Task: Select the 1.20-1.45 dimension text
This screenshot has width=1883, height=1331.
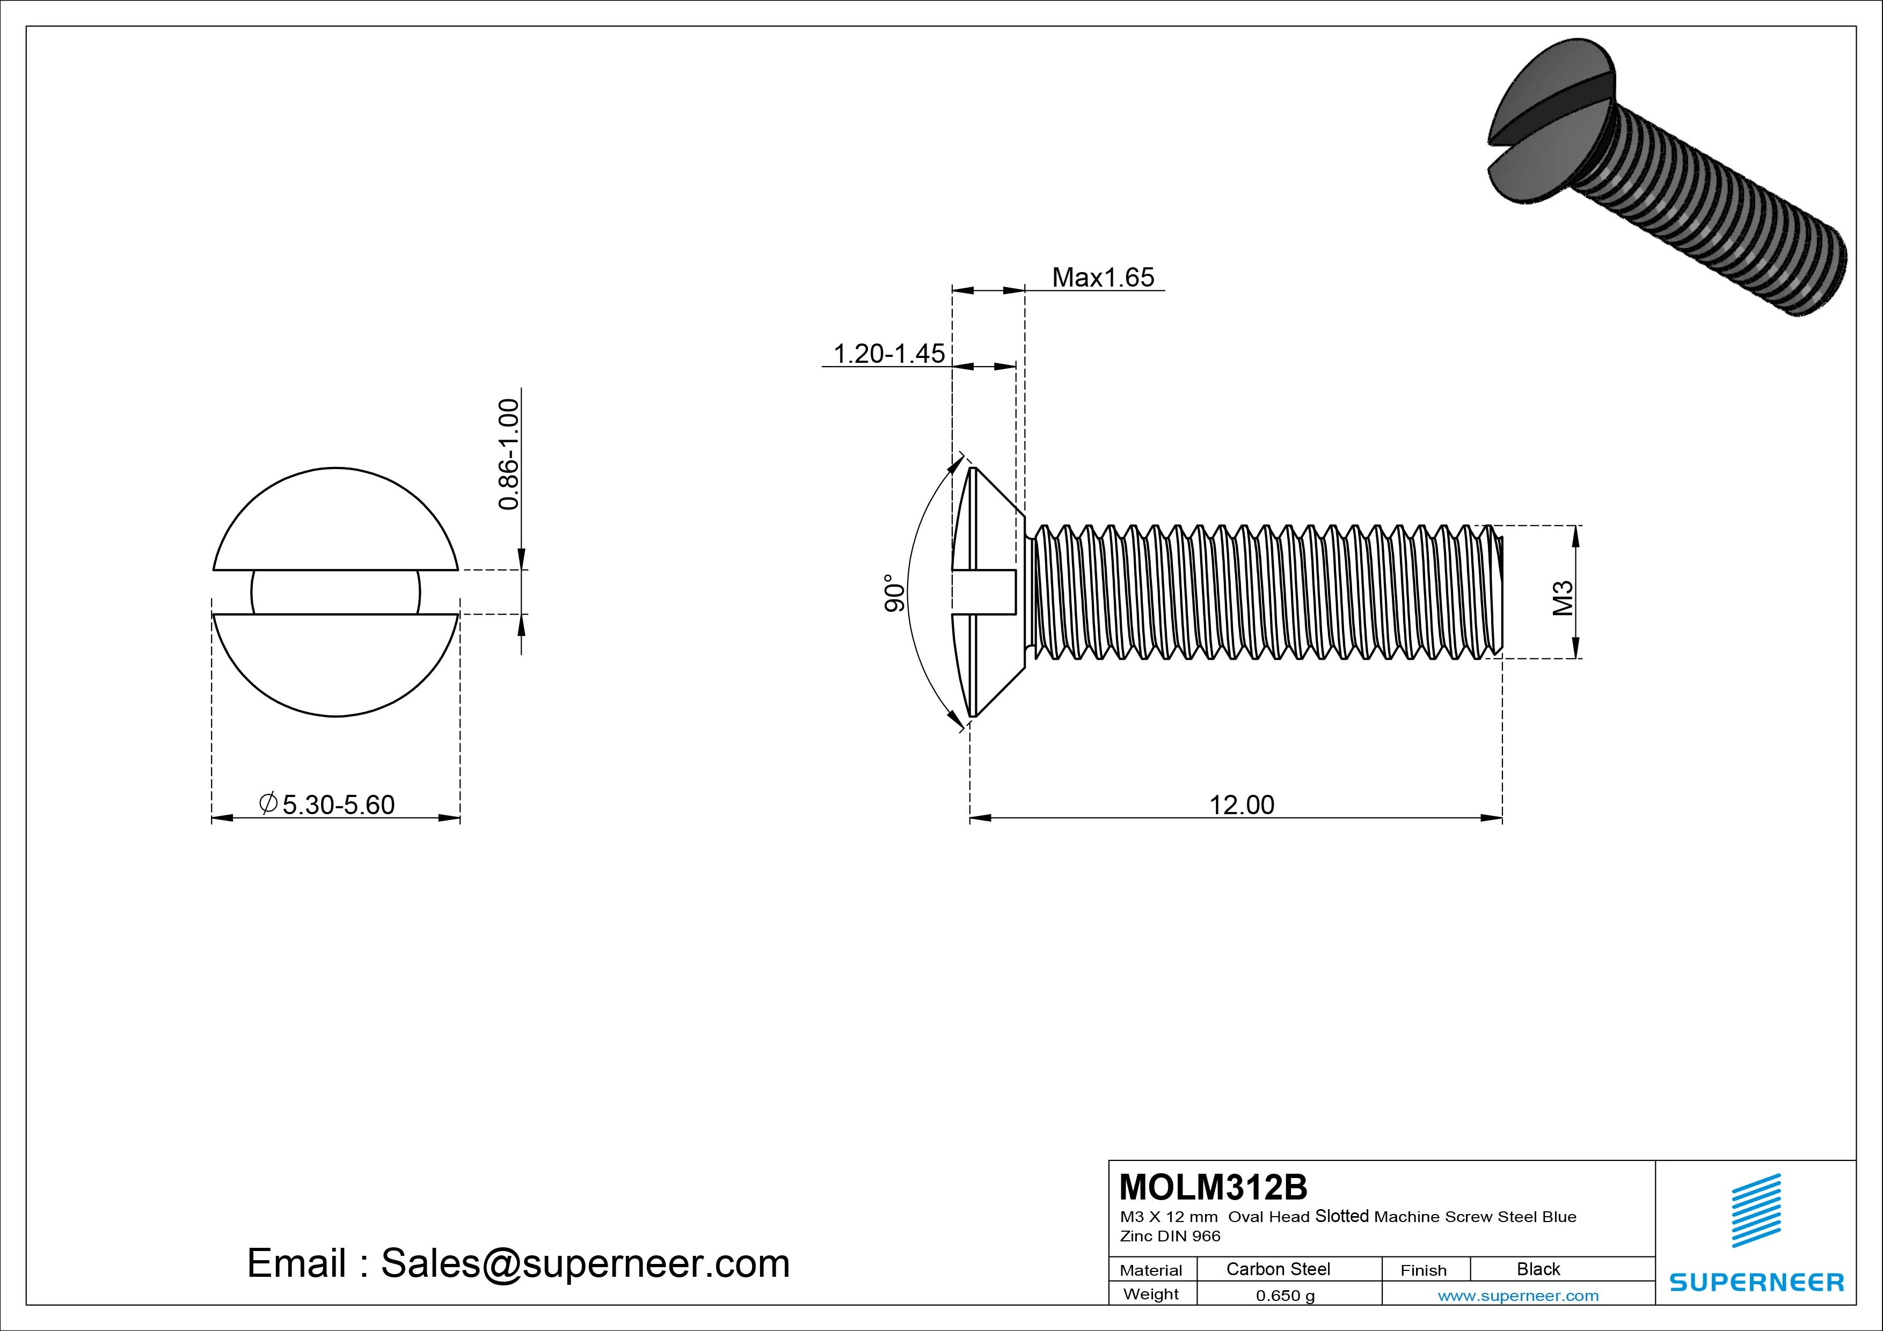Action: (x=889, y=354)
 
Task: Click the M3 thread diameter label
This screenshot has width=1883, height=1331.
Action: (x=1563, y=598)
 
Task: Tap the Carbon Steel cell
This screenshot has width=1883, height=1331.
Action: (x=1278, y=1269)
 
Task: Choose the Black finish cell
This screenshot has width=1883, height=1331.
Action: (x=1538, y=1269)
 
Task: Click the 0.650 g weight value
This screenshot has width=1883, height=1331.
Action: (x=1285, y=1296)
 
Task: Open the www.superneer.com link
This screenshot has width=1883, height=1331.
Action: (x=1518, y=1296)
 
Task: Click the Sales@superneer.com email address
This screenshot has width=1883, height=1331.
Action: (x=585, y=1263)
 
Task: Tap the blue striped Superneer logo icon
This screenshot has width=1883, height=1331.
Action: (x=1756, y=1210)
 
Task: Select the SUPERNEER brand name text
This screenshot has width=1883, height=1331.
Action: (x=1756, y=1282)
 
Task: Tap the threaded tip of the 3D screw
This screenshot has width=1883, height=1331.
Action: (x=1825, y=279)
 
